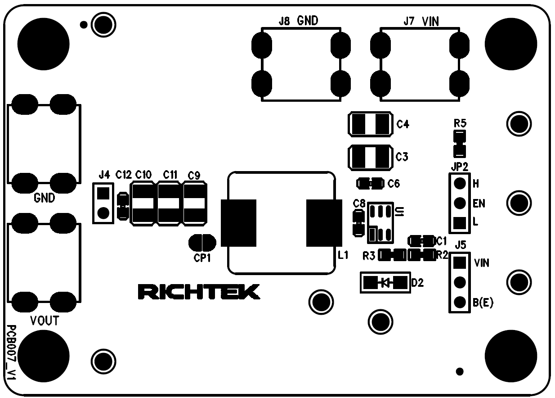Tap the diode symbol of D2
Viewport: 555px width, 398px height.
pos(385,283)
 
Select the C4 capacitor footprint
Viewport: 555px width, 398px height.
pos(369,124)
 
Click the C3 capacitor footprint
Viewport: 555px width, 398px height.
pos(369,157)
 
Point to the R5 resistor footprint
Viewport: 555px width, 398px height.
pos(459,143)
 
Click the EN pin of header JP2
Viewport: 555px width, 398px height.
pos(459,203)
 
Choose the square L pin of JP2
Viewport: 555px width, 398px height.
pos(459,222)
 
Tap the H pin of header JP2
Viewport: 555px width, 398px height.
pos(459,184)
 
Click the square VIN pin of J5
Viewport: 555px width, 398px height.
pos(459,262)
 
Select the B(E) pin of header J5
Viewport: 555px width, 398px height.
pos(459,302)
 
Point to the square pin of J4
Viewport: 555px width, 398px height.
pos(103,193)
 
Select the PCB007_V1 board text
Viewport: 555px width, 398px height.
pos(12,354)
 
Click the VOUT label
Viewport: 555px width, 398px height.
pos(45,321)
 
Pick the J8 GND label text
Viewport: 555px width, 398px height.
pos(299,21)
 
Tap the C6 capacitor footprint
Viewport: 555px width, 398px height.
pos(370,184)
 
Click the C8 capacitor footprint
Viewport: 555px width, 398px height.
pos(358,223)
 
